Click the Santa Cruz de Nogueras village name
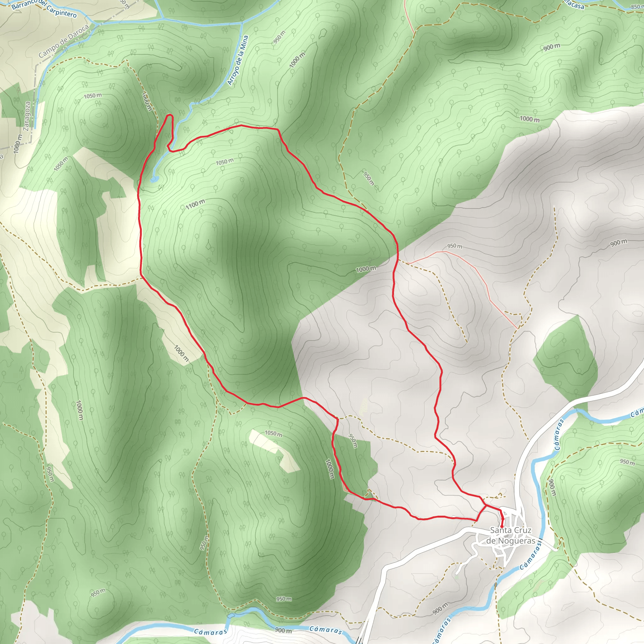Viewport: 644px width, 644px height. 510,535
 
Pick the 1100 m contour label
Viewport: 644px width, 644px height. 195,204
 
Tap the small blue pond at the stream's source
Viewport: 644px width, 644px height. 153,180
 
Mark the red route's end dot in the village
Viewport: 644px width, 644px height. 502,526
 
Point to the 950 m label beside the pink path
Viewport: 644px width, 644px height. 454,246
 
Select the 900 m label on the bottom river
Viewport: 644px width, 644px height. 283,630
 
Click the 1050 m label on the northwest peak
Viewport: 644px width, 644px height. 93,96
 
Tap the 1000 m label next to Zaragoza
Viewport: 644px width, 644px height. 18,143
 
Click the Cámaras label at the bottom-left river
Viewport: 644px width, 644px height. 211,631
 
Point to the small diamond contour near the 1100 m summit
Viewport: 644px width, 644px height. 208,246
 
